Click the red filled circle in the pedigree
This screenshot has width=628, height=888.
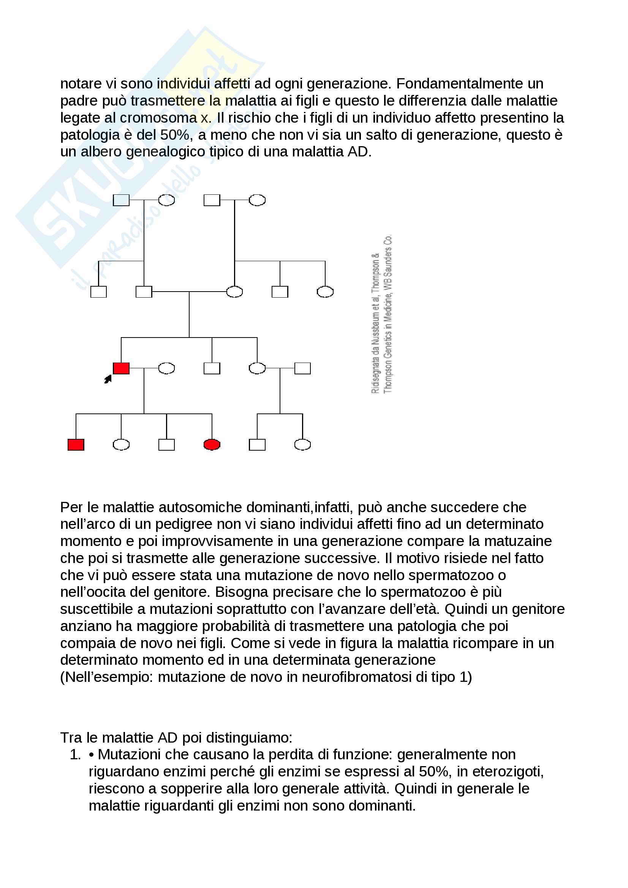212,445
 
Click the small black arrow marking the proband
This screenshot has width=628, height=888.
108,379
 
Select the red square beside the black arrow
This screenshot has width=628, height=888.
121,368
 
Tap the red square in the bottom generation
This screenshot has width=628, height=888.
76,445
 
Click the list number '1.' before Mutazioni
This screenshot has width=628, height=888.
75,754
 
